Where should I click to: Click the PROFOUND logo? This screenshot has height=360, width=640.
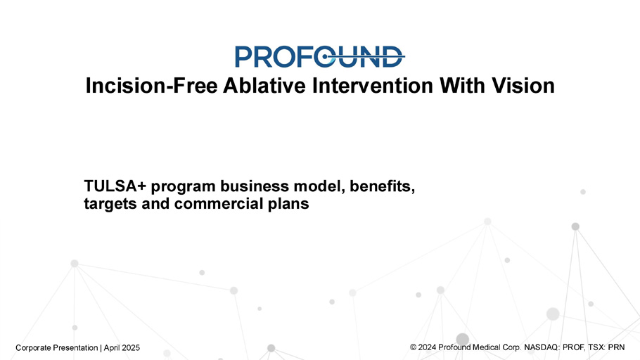(319, 56)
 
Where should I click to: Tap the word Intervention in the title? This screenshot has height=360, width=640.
(373, 86)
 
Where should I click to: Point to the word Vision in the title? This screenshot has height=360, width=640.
(523, 86)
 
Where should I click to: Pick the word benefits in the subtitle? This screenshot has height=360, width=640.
(382, 186)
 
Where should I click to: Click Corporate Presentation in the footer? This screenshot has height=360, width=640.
(57, 348)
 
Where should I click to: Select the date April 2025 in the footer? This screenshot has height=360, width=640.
(122, 348)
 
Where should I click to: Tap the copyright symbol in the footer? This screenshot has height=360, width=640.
(413, 347)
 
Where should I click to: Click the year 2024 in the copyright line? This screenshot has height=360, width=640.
(428, 347)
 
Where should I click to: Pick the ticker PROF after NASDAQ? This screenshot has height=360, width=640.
(573, 347)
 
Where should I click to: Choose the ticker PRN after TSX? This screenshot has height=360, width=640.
(616, 347)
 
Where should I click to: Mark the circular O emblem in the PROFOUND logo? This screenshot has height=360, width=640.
(326, 56)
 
